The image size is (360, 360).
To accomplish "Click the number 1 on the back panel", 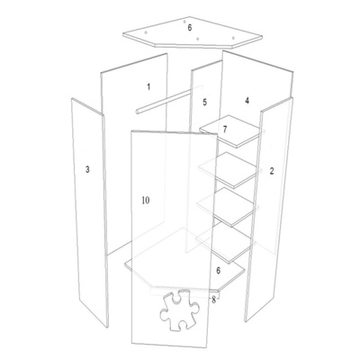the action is click(x=148, y=87).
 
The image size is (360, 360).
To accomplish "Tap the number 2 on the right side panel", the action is click(x=272, y=171).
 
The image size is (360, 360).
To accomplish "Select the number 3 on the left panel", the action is click(x=87, y=169).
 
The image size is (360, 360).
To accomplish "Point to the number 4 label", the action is click(x=247, y=101).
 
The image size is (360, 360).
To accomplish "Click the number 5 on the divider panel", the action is click(x=204, y=102).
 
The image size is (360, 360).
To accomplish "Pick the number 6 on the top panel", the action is click(x=190, y=28).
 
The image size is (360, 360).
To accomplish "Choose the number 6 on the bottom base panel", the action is click(x=219, y=271).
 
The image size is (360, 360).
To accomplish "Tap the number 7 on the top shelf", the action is click(x=225, y=130).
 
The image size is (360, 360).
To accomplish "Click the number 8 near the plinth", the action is click(x=213, y=300).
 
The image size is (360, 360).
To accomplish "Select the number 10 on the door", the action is click(x=146, y=200).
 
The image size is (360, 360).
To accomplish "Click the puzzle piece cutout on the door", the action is click(x=180, y=310).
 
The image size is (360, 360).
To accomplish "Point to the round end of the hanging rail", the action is click(x=138, y=112).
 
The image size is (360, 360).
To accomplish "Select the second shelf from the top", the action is click(x=229, y=170).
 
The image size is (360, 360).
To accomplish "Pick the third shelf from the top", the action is click(x=228, y=207).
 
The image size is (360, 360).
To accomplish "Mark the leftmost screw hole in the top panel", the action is click(x=146, y=32).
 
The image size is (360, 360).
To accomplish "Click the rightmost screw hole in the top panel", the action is click(x=233, y=38).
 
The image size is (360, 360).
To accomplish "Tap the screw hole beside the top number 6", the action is click(x=184, y=22).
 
